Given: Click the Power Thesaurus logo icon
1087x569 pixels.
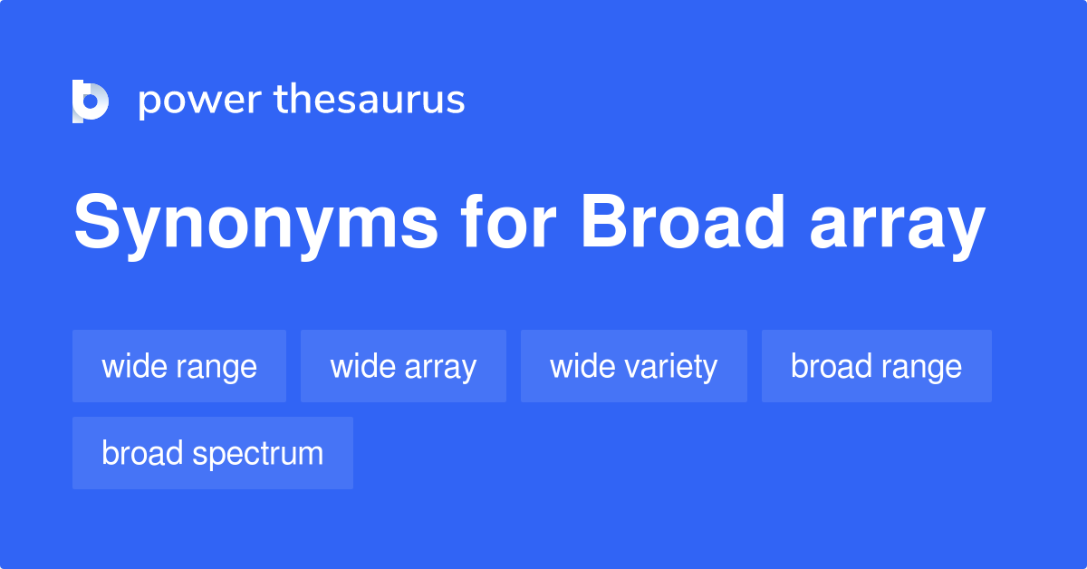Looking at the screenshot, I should point(91,101).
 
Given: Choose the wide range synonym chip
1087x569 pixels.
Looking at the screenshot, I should point(179,366).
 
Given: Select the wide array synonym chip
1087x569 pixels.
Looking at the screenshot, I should point(403,366).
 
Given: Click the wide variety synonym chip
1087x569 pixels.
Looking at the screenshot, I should point(633,366).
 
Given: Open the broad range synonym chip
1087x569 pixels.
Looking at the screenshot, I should point(876,366).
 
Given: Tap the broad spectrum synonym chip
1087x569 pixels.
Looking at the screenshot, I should point(212,453).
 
